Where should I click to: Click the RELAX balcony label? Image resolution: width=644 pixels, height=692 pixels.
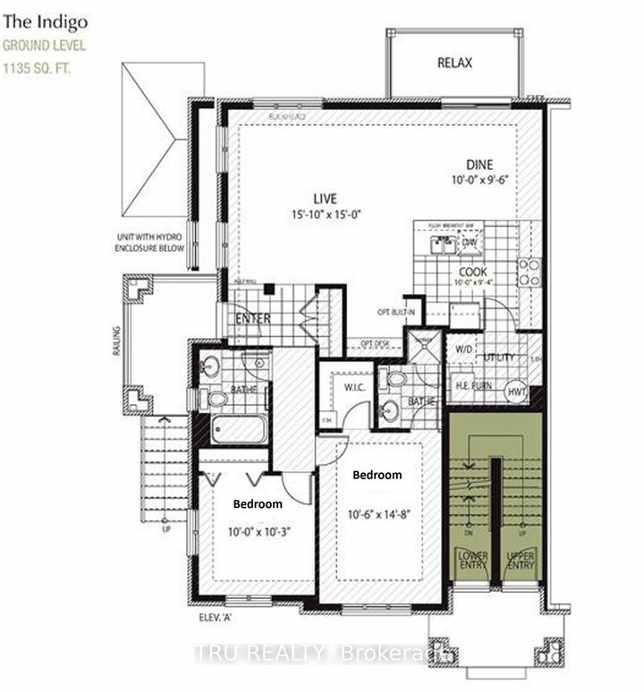click(x=454, y=63)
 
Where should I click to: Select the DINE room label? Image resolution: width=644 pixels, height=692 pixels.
click(x=479, y=165)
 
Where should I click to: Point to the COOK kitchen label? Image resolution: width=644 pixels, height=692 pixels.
click(x=472, y=271)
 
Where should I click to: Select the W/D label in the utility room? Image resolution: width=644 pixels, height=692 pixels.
click(x=464, y=350)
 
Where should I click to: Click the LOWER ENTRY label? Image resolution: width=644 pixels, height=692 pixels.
click(x=472, y=561)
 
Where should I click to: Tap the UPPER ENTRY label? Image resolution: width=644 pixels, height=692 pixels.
click(x=521, y=561)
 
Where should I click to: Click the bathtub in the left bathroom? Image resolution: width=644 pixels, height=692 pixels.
click(x=237, y=428)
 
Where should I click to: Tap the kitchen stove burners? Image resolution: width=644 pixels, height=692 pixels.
click(x=530, y=272)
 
